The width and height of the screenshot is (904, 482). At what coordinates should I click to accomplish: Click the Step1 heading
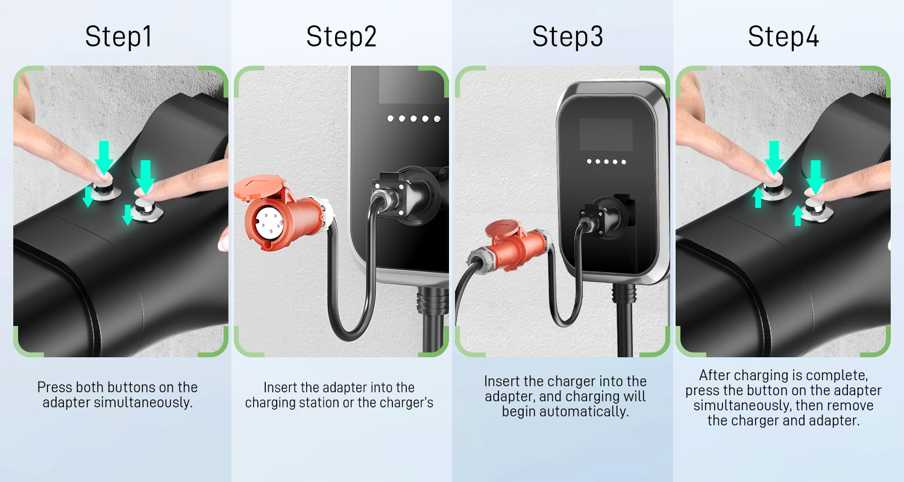118,37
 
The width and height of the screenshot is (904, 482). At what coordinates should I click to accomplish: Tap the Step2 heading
342,37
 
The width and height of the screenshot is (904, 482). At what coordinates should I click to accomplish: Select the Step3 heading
568,37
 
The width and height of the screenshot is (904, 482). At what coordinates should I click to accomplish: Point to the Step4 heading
783,37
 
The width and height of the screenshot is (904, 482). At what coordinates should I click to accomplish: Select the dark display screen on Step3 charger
606,134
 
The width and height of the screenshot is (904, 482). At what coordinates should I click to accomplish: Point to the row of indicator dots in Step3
606,161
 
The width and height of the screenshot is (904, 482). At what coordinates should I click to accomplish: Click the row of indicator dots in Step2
413,119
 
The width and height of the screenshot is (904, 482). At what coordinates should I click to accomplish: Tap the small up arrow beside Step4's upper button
758,198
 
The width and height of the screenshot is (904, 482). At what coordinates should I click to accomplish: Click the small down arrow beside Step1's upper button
88,196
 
